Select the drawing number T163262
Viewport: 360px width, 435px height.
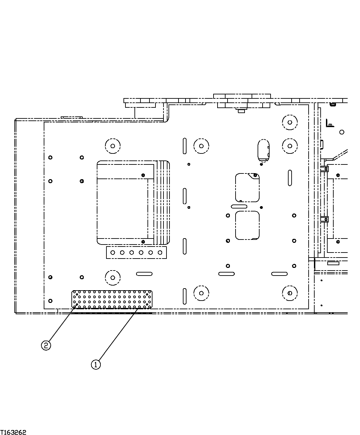(13, 432)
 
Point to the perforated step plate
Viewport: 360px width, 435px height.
(112, 299)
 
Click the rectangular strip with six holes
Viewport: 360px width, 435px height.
(136, 253)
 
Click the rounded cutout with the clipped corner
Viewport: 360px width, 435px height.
(247, 187)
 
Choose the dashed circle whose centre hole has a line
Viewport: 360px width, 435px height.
(290, 293)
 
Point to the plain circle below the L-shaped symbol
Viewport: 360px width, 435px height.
(341, 132)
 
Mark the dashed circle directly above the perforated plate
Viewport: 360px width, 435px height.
(112, 277)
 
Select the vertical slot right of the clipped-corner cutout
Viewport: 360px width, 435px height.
(290, 178)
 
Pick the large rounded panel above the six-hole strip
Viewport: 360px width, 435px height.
(133, 202)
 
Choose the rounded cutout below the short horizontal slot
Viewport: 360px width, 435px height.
(247, 226)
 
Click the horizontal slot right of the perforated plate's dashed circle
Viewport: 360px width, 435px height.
(144, 274)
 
